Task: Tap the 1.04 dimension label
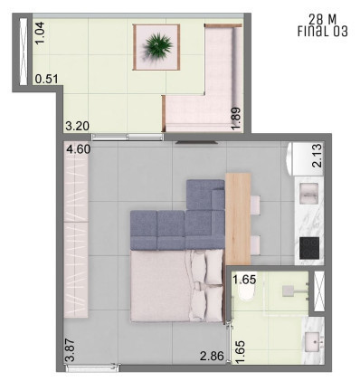40,33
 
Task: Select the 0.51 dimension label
46,79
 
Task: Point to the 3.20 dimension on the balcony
78,126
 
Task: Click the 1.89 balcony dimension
236,119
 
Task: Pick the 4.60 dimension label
78,149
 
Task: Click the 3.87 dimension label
70,350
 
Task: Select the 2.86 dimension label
212,356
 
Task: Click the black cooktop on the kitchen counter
309,248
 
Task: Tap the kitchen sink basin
308,193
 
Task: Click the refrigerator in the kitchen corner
304,159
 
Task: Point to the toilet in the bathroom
246,292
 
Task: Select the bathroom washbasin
313,342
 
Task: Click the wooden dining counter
238,219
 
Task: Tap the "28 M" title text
322,19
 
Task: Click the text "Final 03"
322,32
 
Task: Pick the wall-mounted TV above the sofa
196,142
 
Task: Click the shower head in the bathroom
289,291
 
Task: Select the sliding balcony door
128,138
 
